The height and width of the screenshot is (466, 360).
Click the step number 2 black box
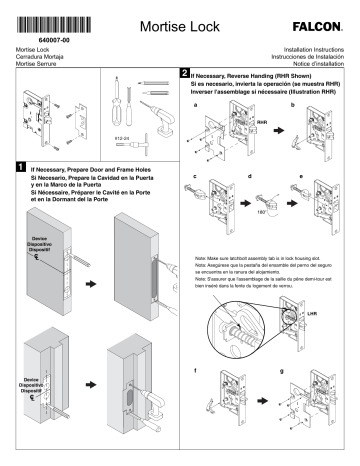[182, 73]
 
